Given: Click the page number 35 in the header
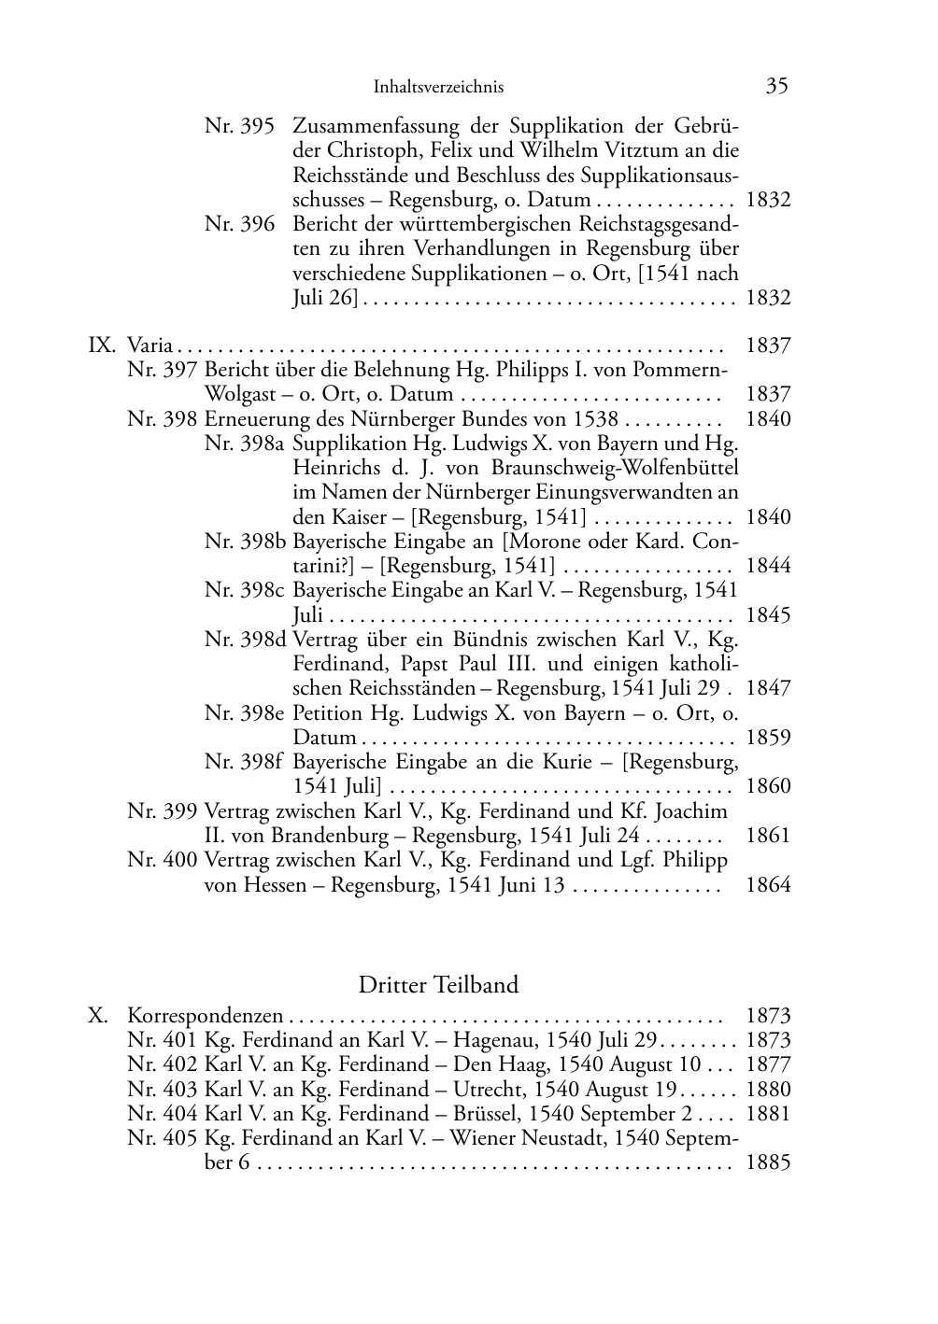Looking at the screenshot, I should point(776,86).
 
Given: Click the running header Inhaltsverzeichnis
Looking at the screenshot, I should point(438,87).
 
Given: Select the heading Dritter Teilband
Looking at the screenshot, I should point(438,985).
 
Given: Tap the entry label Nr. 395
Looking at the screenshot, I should point(239,125).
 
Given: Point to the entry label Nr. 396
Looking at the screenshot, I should point(239,224).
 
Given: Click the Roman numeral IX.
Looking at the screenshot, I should point(101,345).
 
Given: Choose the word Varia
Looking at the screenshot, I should point(149,345).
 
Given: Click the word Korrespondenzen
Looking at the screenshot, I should point(206,1016).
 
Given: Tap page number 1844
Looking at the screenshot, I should point(768,566).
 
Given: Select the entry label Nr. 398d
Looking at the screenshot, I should point(246,641).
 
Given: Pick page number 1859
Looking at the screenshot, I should point(768,738).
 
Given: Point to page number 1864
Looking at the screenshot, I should point(768,885).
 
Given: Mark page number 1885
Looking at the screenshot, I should point(768,1163).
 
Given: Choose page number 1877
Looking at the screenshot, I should point(768,1065).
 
